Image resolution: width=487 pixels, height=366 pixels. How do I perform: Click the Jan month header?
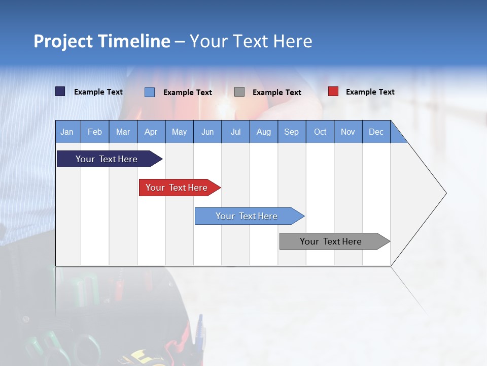click(67, 132)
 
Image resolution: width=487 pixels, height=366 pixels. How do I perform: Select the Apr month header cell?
click(151, 132)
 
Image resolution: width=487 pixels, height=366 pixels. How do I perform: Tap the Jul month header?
click(235, 132)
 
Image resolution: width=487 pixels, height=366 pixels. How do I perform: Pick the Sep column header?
click(291, 132)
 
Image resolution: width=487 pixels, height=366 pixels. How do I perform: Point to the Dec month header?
click(376, 132)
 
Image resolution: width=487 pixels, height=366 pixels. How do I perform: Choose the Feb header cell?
click(95, 132)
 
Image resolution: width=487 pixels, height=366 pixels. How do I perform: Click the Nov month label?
click(348, 132)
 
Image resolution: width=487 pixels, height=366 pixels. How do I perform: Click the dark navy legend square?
click(60, 91)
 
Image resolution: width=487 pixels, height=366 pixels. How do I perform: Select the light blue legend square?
click(150, 92)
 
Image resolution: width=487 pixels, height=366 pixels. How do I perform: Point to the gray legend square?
click(239, 92)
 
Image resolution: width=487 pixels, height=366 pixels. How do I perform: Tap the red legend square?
click(333, 91)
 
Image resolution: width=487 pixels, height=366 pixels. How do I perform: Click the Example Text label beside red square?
click(370, 92)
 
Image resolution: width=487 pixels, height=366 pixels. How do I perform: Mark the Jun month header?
click(207, 132)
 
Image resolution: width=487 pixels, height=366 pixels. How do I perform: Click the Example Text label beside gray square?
click(276, 93)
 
